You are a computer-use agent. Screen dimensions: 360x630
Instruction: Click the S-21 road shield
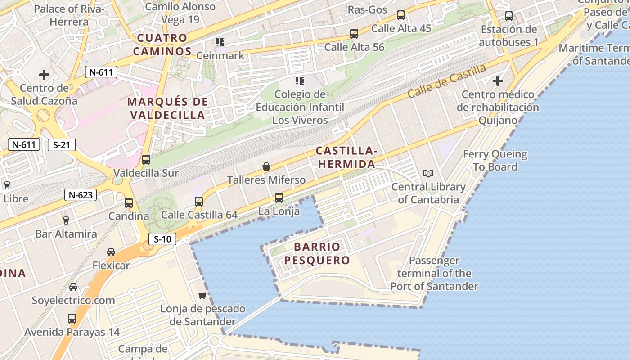click(x=62, y=145)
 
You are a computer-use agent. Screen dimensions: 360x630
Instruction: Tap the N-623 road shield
click(x=81, y=195)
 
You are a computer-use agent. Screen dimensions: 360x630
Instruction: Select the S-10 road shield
click(x=162, y=239)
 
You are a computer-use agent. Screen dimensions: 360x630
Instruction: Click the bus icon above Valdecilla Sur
click(x=146, y=159)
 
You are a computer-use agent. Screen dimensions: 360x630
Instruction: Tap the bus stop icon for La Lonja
click(x=279, y=198)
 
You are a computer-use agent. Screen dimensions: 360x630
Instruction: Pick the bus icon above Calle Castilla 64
click(x=199, y=201)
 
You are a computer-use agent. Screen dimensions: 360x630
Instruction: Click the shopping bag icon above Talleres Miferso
click(x=266, y=166)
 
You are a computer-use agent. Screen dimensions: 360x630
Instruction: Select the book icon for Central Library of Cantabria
click(x=428, y=173)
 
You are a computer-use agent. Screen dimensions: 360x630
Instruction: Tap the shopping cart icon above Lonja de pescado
click(x=202, y=295)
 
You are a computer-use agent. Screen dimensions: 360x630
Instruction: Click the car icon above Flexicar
click(x=111, y=252)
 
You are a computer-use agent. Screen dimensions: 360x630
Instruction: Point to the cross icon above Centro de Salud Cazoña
click(x=44, y=75)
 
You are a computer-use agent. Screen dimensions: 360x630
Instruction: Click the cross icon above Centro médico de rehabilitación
click(x=497, y=81)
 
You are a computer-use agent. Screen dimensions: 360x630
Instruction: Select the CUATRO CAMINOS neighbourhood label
click(x=162, y=45)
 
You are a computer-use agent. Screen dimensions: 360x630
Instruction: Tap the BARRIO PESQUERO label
click(x=317, y=253)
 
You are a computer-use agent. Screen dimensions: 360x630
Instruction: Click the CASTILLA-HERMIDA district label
click(x=346, y=157)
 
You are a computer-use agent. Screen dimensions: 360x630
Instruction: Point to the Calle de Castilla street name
click(x=447, y=81)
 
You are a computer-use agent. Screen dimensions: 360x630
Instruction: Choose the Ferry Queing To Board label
click(x=495, y=160)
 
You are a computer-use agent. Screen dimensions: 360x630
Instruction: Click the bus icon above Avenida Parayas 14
click(x=72, y=319)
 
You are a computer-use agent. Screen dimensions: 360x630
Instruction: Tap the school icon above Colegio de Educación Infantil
click(x=300, y=81)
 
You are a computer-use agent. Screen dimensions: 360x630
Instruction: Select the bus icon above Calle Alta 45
click(x=401, y=15)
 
